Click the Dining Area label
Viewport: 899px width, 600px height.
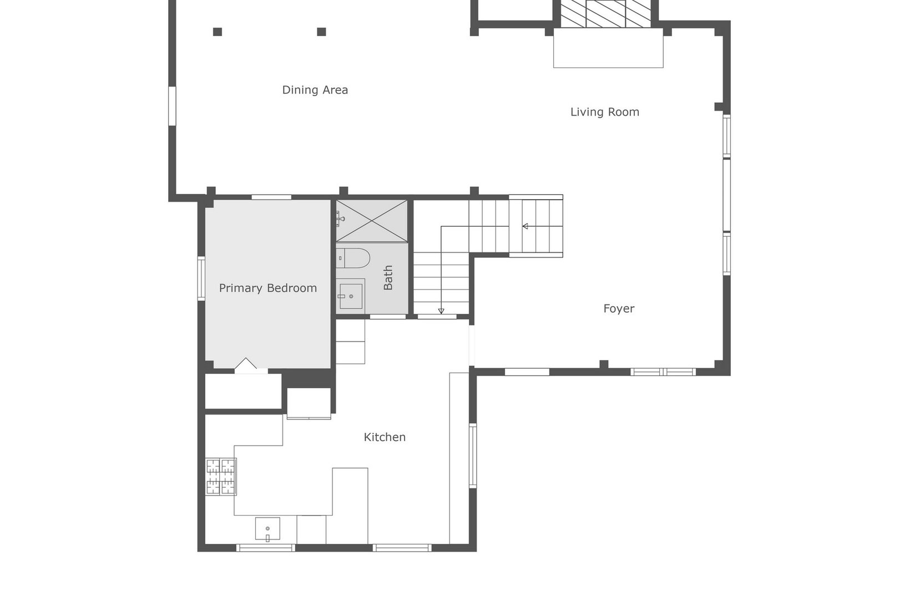pyautogui.click(x=315, y=90)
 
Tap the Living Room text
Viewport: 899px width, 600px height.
pyautogui.click(x=604, y=112)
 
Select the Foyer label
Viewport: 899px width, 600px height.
pyautogui.click(x=618, y=309)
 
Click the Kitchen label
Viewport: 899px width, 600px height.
pyautogui.click(x=384, y=437)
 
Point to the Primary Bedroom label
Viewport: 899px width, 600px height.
pyautogui.click(x=267, y=288)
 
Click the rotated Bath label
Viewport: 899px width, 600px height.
pyautogui.click(x=388, y=277)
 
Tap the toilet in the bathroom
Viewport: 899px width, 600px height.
pyautogui.click(x=353, y=258)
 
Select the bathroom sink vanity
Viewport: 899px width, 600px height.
pyautogui.click(x=351, y=295)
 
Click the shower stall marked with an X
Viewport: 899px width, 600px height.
pyautogui.click(x=371, y=221)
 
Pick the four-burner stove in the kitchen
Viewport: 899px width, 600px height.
pyautogui.click(x=221, y=476)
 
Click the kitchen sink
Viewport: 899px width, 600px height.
pyautogui.click(x=267, y=529)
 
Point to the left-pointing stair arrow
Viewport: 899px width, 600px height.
pyautogui.click(x=525, y=226)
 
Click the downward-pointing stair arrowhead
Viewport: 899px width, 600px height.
pyautogui.click(x=441, y=311)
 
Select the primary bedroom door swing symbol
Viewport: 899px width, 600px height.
pyautogui.click(x=246, y=365)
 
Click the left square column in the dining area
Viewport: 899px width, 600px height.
pyautogui.click(x=218, y=32)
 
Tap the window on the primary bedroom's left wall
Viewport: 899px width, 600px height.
pyautogui.click(x=201, y=278)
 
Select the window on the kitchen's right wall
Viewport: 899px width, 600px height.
pyautogui.click(x=473, y=456)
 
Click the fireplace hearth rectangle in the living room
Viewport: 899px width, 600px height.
pyautogui.click(x=608, y=49)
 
